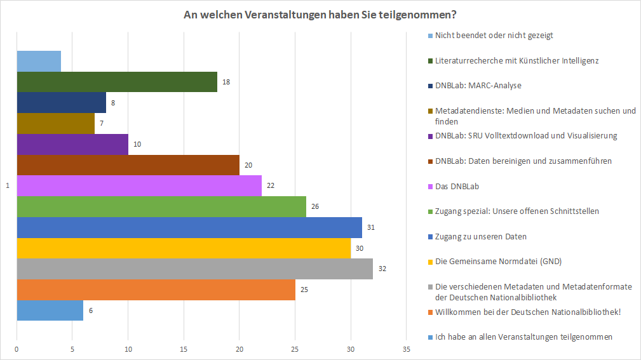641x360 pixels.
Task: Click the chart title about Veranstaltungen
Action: [320, 14]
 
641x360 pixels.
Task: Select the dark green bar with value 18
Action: [117, 82]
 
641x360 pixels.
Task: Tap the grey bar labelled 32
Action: [194, 269]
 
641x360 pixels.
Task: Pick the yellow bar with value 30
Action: [184, 248]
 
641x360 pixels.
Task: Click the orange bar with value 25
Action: [156, 290]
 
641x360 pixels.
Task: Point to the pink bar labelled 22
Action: [139, 186]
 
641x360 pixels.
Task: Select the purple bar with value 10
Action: [72, 144]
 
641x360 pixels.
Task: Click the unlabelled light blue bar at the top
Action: [39, 62]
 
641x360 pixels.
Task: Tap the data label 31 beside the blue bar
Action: [370, 227]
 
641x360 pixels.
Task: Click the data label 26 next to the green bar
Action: [314, 206]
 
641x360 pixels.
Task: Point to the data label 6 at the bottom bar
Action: [91, 310]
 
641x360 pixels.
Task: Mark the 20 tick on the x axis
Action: [240, 349]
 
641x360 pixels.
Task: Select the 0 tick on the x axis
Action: [17, 349]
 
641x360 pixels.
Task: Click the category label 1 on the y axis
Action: [8, 186]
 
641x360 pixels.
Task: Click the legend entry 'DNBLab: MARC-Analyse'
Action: [478, 85]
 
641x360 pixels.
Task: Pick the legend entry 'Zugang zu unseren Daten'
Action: [481, 236]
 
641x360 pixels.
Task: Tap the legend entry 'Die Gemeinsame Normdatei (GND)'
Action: [498, 261]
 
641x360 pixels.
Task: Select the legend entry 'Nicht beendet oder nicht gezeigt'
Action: [494, 35]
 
